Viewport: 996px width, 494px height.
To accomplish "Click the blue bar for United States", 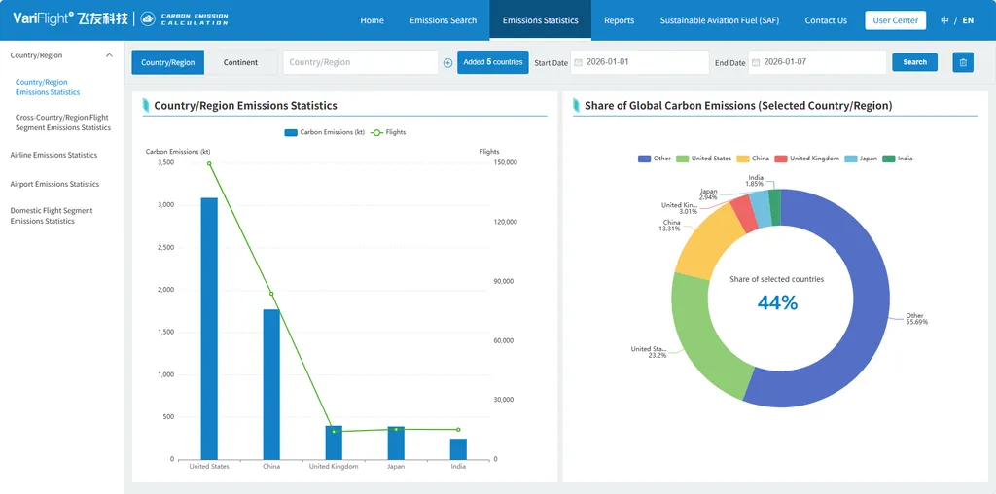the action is coord(209,329).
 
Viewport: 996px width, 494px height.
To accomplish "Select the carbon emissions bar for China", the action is coord(271,384).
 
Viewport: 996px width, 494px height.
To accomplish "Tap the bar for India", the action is coord(459,449).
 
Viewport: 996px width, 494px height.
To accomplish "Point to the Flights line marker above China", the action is coord(271,294).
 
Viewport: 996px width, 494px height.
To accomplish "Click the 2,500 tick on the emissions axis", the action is coord(165,248).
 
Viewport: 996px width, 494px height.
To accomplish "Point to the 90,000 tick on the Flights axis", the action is coord(506,281).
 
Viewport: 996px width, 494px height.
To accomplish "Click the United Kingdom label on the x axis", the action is coord(334,466).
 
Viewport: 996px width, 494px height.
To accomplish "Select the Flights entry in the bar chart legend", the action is coord(388,132).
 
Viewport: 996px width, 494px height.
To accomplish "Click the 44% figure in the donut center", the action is coord(777,302).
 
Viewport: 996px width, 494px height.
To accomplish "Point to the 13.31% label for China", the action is coord(671,229).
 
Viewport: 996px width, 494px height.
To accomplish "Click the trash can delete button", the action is coord(963,62).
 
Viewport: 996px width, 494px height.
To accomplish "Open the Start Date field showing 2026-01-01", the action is coord(640,62).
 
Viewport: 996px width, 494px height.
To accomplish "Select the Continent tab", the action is coord(241,62).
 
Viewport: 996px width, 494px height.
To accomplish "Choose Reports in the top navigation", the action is coord(620,20).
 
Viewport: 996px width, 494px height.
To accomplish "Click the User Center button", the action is coord(896,20).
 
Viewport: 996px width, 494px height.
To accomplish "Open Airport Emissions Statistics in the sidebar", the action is coord(54,184).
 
